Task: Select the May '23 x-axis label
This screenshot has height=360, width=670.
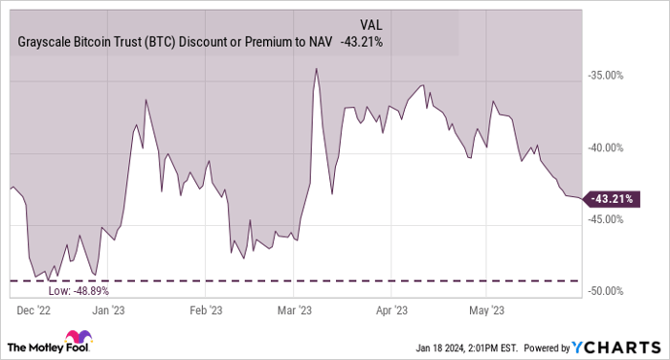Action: tap(485, 309)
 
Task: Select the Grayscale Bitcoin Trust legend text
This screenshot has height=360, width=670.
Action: tap(171, 41)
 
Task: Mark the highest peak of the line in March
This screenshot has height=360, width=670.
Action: tap(315, 69)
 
